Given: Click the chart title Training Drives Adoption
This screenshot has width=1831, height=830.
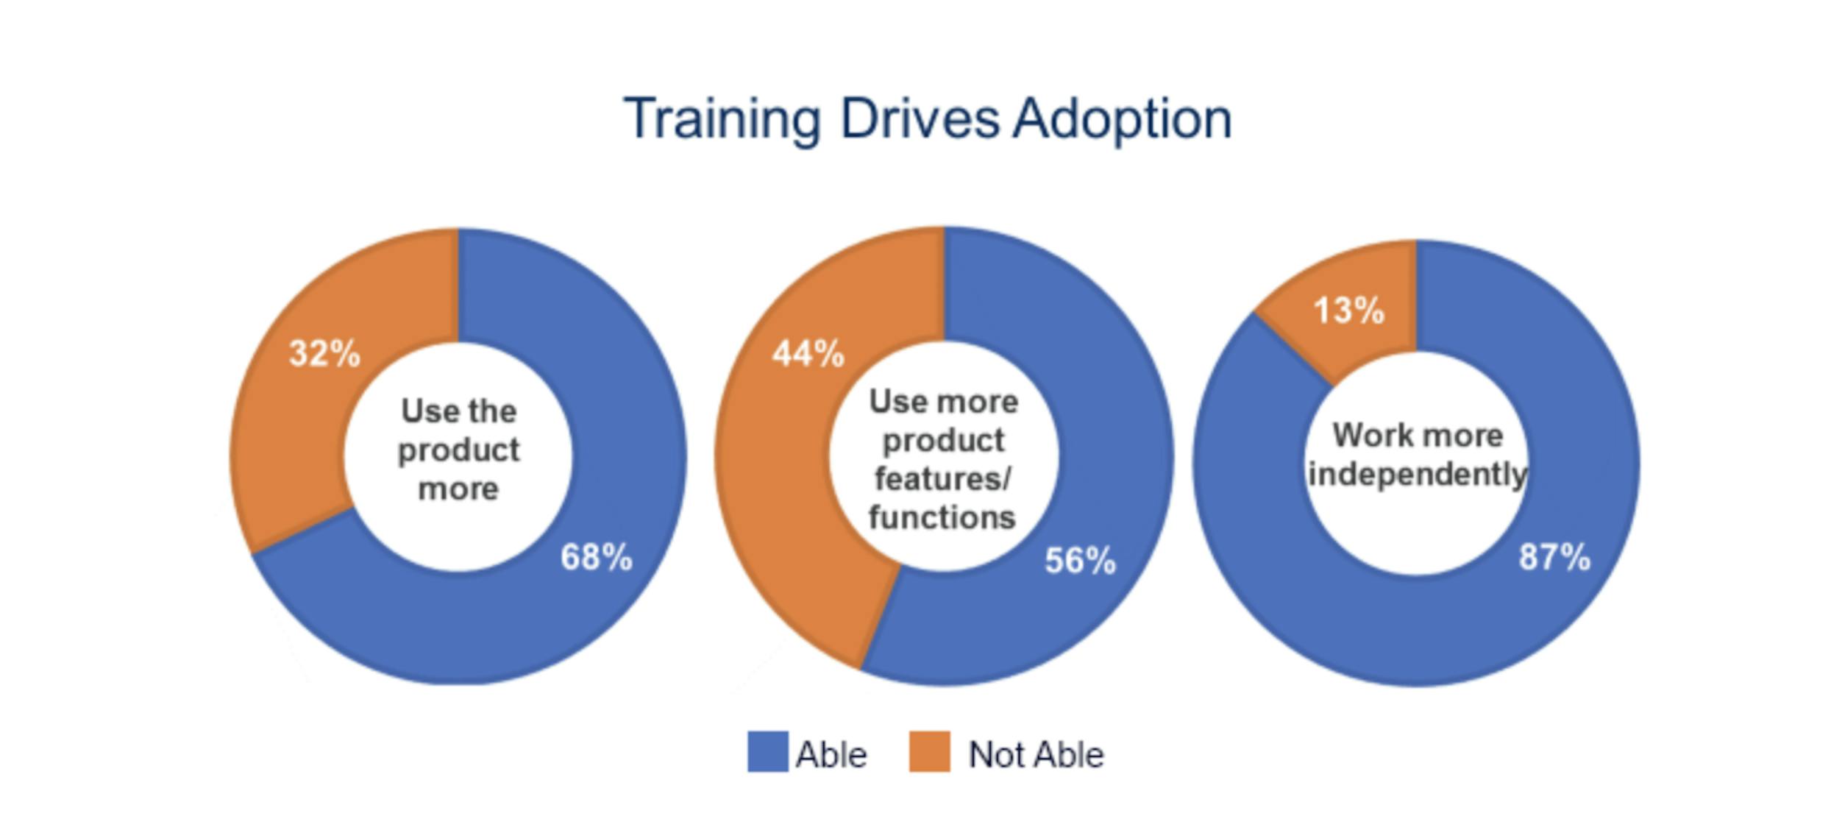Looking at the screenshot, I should [927, 119].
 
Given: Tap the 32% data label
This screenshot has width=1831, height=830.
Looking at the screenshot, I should [324, 354].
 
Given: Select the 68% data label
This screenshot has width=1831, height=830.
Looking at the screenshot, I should [596, 557].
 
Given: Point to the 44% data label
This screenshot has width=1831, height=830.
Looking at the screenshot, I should [808, 354].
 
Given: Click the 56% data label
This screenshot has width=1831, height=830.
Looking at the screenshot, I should [1080, 561].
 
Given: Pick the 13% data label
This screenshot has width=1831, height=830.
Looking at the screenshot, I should [1348, 311].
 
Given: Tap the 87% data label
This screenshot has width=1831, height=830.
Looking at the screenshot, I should [1554, 557].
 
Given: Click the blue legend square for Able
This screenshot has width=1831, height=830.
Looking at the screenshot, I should [767, 751].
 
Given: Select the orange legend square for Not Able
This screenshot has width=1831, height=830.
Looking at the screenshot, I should [929, 751].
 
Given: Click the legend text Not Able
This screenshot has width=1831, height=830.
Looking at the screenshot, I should [1036, 755].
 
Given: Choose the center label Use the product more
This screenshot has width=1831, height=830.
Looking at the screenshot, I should [458, 450].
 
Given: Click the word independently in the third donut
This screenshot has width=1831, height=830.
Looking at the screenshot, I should [1418, 475].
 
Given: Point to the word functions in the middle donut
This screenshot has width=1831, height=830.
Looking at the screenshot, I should [942, 517].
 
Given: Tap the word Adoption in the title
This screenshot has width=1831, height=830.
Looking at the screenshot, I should [1122, 119].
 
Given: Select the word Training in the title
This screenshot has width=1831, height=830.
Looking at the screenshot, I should [722, 119].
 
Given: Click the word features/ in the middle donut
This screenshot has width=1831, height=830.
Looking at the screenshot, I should [943, 479].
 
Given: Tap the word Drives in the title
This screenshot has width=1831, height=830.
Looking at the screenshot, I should [920, 119].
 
